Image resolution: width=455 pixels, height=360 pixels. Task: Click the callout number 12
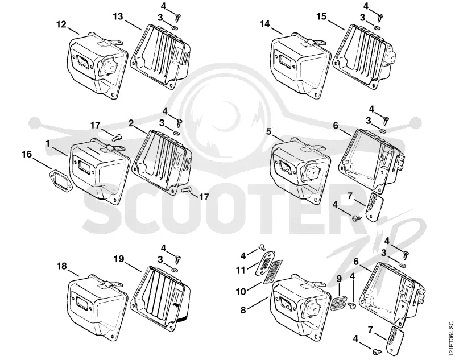61,24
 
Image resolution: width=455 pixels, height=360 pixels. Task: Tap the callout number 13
118,16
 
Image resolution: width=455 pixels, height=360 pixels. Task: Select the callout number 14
265,24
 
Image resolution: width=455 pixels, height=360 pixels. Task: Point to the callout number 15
321,16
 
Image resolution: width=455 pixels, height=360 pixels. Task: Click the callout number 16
27,154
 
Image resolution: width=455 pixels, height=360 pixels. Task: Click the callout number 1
48,143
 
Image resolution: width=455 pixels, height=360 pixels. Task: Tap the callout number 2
131,123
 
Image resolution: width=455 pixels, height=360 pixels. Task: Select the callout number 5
268,131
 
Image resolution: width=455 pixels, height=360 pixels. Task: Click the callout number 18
62,266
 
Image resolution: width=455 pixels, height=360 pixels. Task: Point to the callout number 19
119,259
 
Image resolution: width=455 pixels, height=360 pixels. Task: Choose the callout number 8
243,310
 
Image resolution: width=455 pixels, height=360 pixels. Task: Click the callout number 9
339,279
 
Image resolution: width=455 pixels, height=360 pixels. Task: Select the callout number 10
241,292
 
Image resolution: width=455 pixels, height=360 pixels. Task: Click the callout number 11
241,270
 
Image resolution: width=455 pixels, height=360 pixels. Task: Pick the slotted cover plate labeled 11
265,263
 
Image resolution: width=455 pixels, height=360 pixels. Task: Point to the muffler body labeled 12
98,65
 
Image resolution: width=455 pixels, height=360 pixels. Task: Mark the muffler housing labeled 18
97,307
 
